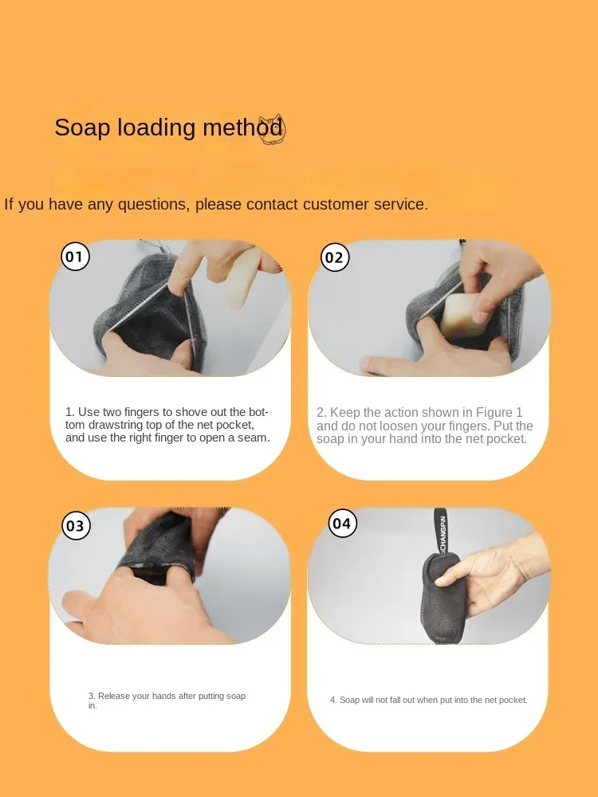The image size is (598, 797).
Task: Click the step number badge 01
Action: (75, 256)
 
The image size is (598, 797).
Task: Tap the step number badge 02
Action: (334, 257)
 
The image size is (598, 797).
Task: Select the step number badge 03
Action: (76, 525)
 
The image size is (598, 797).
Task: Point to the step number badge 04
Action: (342, 523)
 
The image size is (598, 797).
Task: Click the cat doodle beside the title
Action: (272, 129)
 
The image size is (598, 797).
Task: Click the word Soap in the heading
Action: (82, 128)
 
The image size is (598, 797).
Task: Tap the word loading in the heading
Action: (156, 128)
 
